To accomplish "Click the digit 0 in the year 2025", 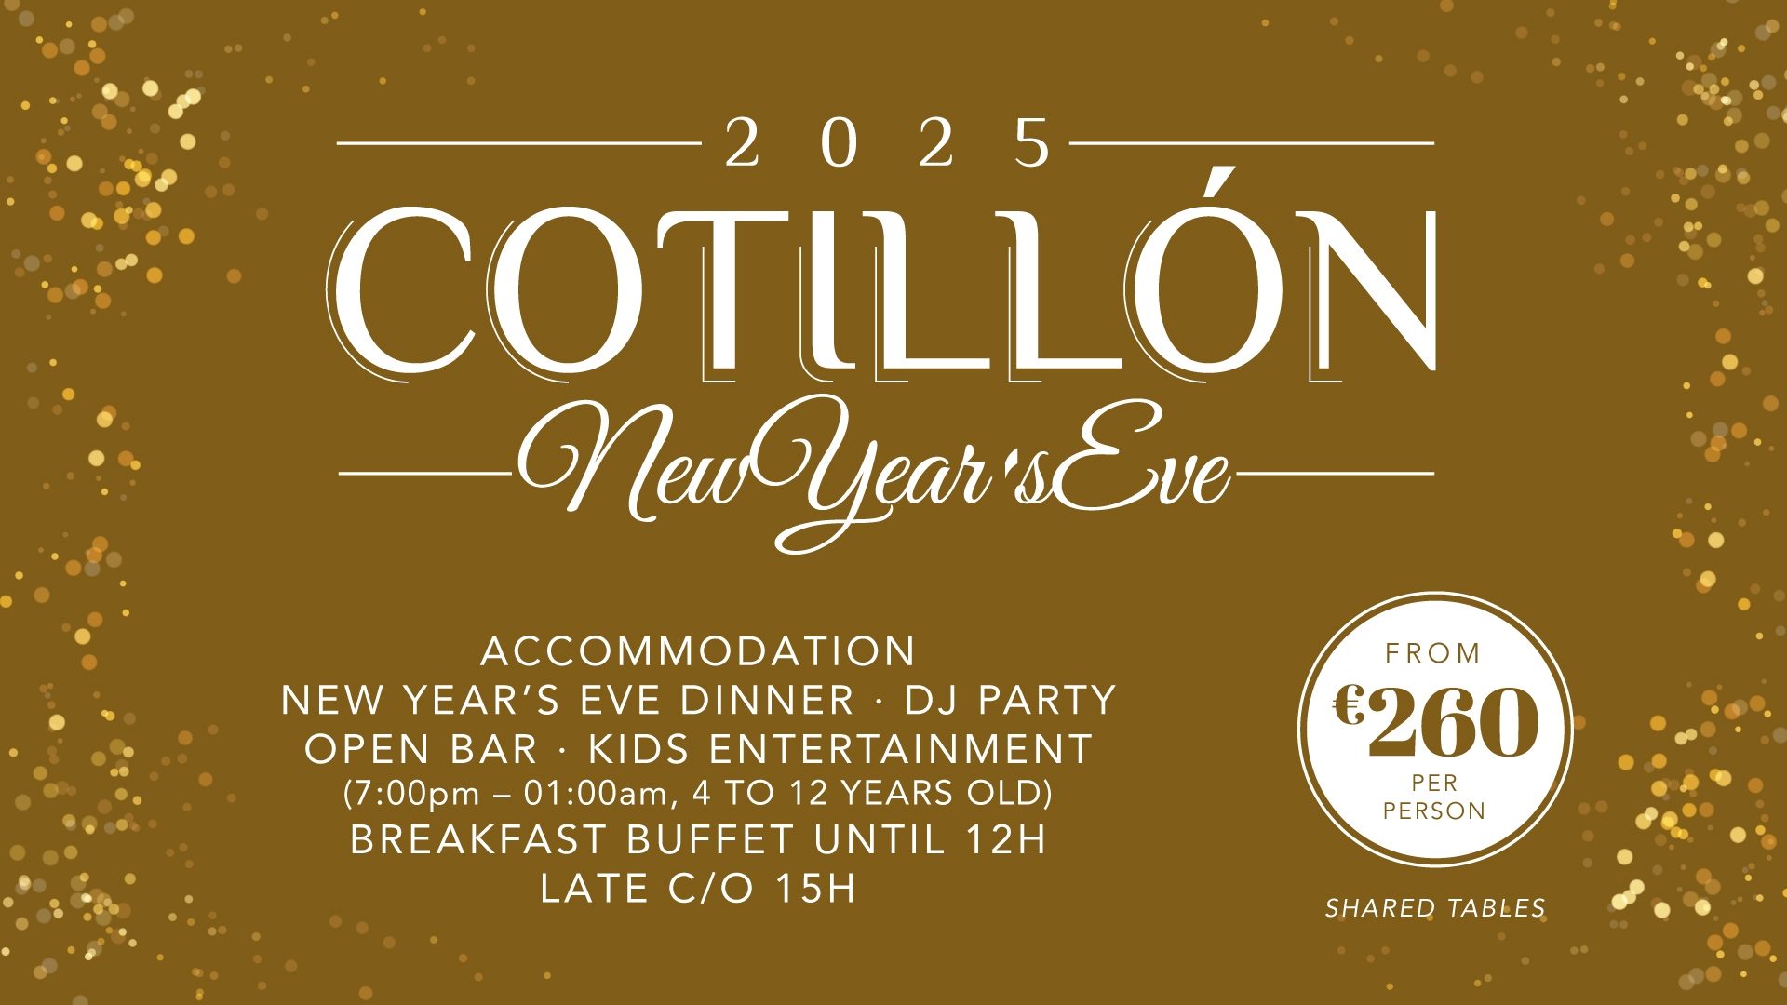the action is [x=840, y=143].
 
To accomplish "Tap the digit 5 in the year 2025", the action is [x=1033, y=143].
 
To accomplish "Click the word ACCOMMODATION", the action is [x=698, y=651].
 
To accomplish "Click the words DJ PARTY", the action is [x=1010, y=701].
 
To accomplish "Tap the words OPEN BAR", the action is [x=422, y=750].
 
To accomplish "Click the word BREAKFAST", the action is [x=478, y=840].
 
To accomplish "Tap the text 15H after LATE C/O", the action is [x=816, y=889].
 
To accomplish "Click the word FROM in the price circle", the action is [x=1433, y=653].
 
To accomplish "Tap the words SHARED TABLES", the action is [x=1435, y=908].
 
